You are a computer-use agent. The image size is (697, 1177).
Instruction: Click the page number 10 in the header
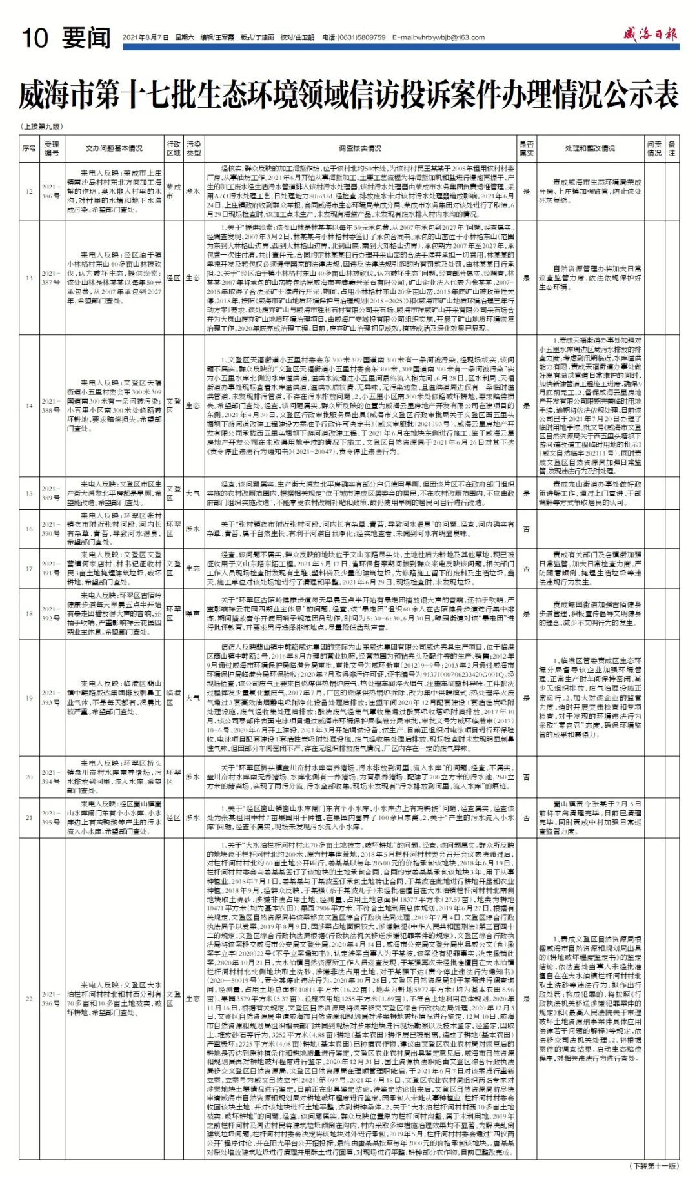(35, 38)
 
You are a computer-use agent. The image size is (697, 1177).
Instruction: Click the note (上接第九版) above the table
(43, 127)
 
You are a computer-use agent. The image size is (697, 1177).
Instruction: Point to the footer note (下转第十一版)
(654, 1166)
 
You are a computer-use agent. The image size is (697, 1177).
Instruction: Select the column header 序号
(29, 148)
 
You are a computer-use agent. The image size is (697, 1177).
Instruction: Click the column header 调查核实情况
(360, 148)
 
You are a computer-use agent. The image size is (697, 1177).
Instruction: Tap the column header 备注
(672, 148)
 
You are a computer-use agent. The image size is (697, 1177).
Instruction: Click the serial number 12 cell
(29, 192)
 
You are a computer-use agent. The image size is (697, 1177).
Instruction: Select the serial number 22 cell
(29, 999)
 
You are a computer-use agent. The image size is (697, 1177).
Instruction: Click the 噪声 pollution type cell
(193, 613)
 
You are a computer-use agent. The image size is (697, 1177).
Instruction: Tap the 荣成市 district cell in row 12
(174, 192)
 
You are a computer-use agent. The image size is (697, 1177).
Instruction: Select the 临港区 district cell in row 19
(174, 697)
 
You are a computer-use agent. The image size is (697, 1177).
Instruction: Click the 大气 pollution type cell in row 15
(193, 493)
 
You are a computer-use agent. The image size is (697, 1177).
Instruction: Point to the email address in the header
(438, 38)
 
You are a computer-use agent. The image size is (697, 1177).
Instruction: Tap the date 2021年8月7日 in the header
(146, 38)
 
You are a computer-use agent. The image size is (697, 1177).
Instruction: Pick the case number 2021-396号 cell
(52, 999)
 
